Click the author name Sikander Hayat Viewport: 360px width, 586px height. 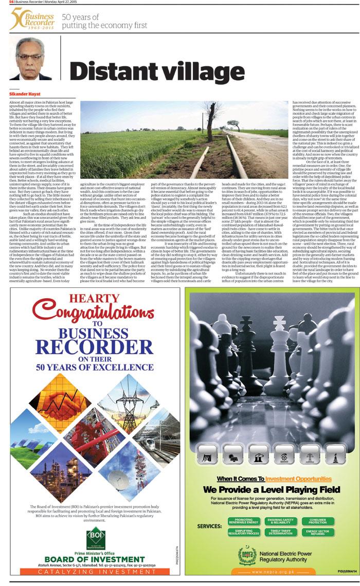click(x=24, y=95)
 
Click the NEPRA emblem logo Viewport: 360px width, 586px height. click(x=247, y=554)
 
